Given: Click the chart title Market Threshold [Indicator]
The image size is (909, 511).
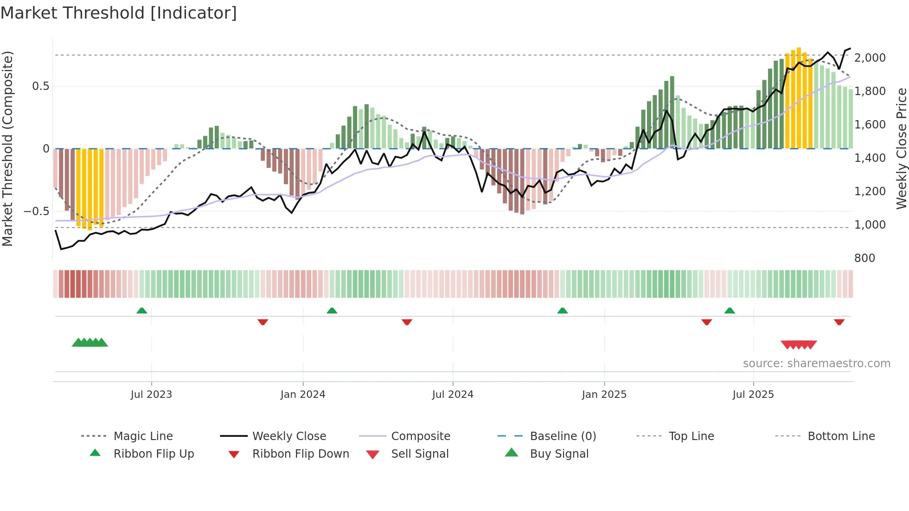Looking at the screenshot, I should [119, 13].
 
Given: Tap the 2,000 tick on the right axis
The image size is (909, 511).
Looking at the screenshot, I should [870, 58].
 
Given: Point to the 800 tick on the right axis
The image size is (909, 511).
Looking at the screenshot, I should [864, 258].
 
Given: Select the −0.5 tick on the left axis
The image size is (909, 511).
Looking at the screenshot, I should [36, 211].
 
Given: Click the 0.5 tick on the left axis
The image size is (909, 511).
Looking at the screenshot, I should [40, 86].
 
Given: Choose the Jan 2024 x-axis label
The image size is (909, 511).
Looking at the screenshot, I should [303, 395].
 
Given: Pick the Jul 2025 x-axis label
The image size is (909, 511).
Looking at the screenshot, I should [753, 395].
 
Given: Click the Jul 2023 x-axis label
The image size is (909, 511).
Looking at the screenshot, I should [151, 395].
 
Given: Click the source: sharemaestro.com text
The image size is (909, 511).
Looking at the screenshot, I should [816, 364].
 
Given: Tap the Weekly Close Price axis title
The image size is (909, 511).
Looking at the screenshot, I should [901, 148].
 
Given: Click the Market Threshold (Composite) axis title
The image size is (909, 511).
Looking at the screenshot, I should [7, 148].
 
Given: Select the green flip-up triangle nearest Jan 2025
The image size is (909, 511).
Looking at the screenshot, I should [562, 311].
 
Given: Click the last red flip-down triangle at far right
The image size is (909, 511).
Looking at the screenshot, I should [839, 322].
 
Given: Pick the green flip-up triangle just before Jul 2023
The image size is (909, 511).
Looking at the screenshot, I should [142, 311].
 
